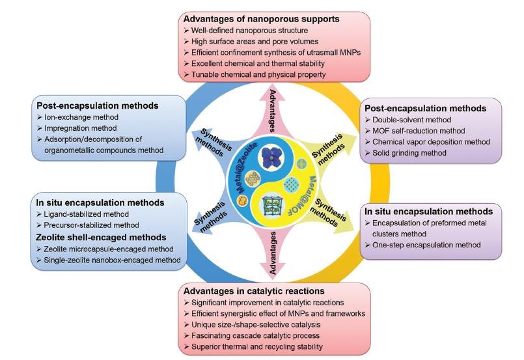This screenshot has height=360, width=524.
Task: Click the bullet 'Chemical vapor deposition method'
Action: click(434, 142)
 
